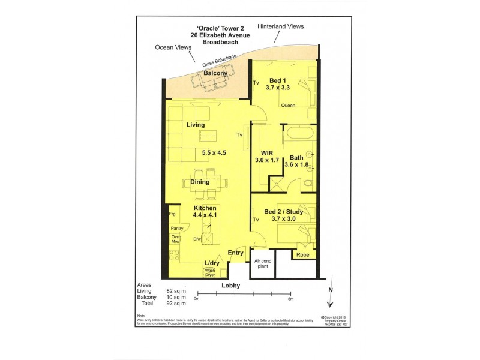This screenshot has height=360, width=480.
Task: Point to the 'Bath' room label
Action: (x=296, y=157)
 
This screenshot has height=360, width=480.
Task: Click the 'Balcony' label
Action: (x=215, y=73)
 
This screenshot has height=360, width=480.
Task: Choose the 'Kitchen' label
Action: (x=205, y=208)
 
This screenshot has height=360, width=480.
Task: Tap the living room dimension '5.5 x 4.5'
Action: (x=214, y=152)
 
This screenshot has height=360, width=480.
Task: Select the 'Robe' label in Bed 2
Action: (x=302, y=254)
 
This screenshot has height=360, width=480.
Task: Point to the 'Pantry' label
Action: (x=176, y=229)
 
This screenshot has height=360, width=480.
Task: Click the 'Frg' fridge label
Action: (x=172, y=214)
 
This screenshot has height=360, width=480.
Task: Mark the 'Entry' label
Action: (x=236, y=253)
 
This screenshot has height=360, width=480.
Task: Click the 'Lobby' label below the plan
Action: (x=231, y=286)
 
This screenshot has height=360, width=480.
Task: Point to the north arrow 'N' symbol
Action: (x=330, y=290)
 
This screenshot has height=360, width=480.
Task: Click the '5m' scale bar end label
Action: (x=291, y=298)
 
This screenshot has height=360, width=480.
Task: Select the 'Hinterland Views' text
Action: (x=281, y=27)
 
